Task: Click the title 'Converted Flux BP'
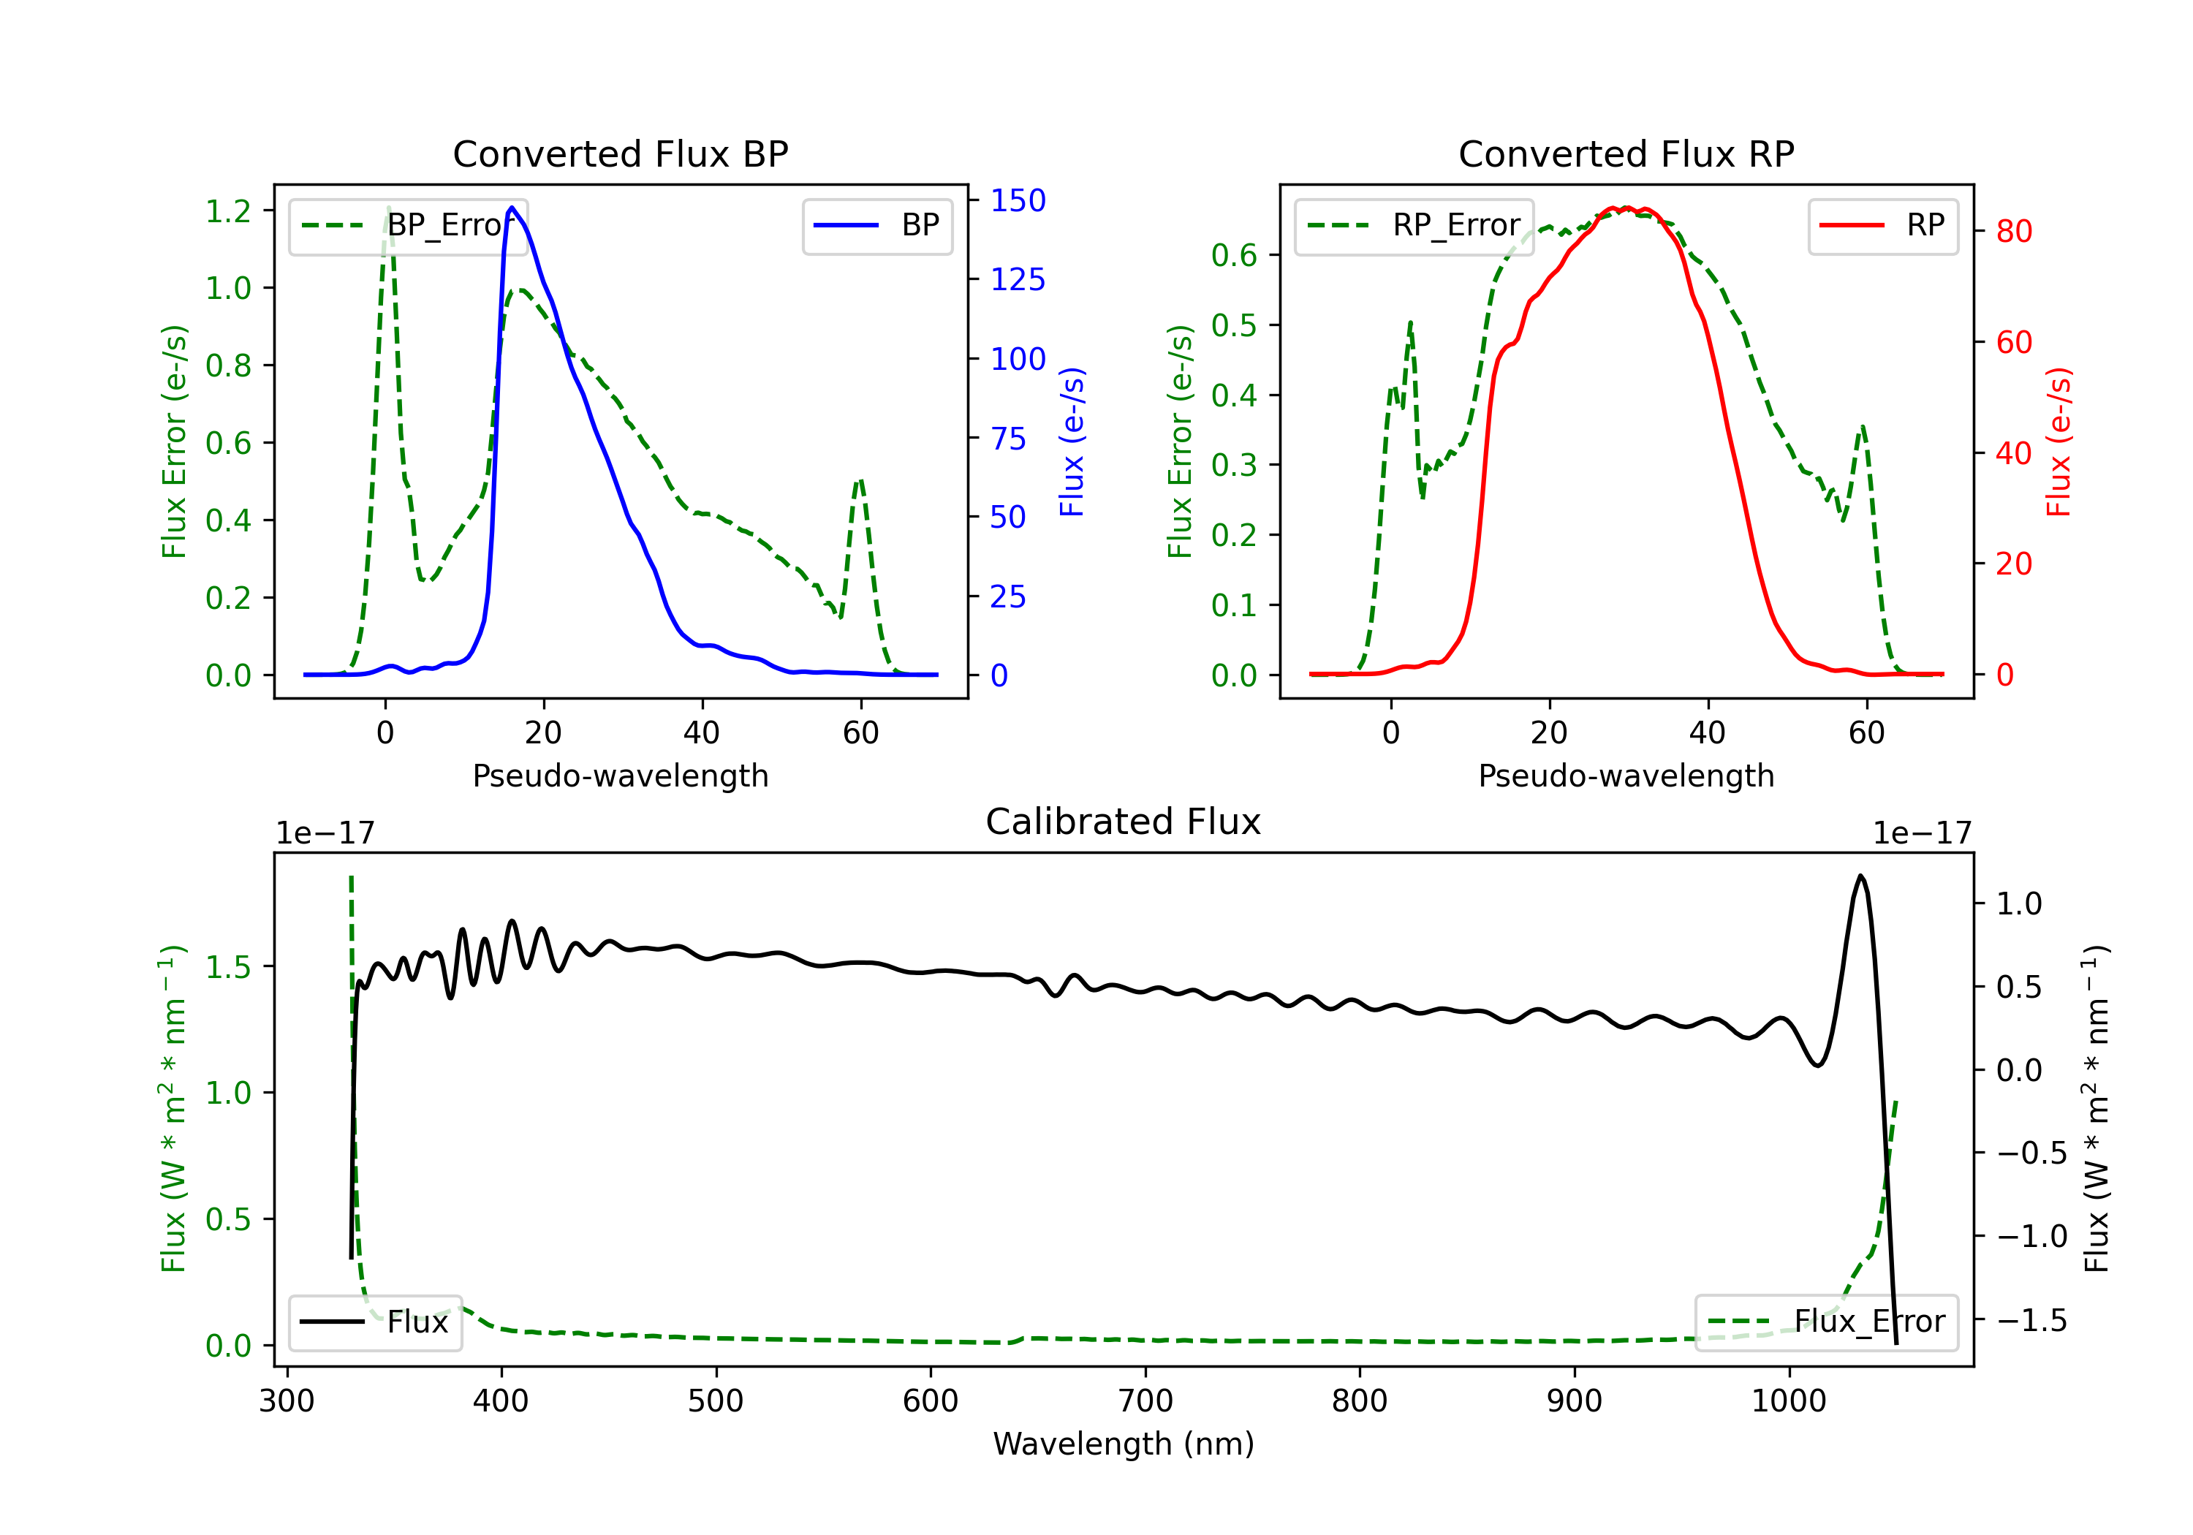[x=620, y=153]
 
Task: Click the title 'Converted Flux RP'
[x=1626, y=153]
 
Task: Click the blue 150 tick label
[x=1018, y=200]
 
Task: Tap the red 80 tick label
[x=2013, y=231]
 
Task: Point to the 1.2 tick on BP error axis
[x=228, y=211]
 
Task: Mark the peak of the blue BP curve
[x=512, y=208]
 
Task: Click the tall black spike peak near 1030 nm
[x=1860, y=876]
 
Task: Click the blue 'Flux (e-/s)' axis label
[x=1072, y=441]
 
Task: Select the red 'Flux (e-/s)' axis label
[x=2058, y=441]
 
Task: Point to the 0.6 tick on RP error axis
[x=1234, y=255]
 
